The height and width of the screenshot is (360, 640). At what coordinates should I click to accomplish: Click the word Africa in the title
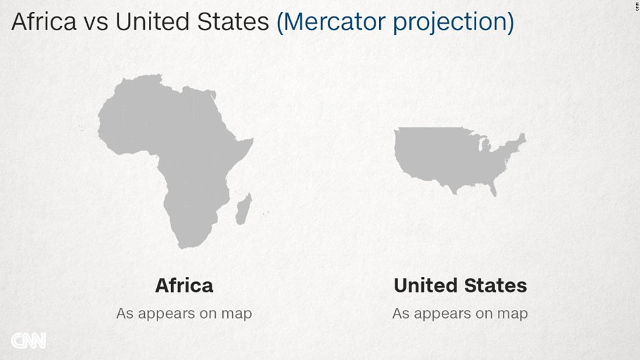pyautogui.click(x=44, y=22)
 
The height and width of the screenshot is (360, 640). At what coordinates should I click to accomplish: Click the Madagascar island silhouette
pyautogui.click(x=243, y=209)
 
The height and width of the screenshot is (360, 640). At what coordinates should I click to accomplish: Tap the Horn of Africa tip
pyautogui.click(x=252, y=140)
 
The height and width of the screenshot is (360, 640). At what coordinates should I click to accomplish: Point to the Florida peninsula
pyautogui.click(x=492, y=188)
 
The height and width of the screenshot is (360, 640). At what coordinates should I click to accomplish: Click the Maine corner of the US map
pyautogui.click(x=523, y=136)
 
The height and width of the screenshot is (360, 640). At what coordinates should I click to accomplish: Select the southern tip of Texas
pyautogui.click(x=454, y=192)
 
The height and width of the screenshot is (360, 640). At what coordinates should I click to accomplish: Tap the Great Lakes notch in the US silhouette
pyautogui.click(x=484, y=143)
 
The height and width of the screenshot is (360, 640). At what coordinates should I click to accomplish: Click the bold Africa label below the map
pyautogui.click(x=184, y=285)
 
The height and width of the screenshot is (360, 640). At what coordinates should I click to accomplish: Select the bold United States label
pyautogui.click(x=460, y=285)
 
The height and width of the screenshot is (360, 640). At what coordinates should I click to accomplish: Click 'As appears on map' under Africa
pyautogui.click(x=184, y=314)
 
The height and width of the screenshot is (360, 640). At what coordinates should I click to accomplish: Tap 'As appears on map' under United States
pyautogui.click(x=460, y=314)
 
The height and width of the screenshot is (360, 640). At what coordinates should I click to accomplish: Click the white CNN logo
pyautogui.click(x=28, y=341)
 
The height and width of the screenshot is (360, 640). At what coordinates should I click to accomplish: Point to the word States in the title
pyautogui.click(x=233, y=22)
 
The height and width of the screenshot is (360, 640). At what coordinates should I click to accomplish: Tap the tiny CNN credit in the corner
pyautogui.click(x=636, y=5)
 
